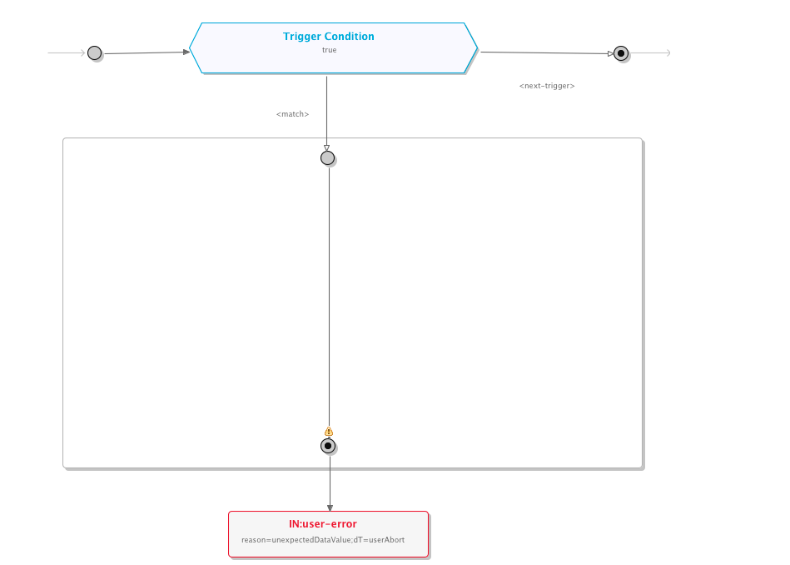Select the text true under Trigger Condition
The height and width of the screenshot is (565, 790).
click(x=330, y=50)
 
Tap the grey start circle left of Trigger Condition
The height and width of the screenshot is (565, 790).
click(x=95, y=53)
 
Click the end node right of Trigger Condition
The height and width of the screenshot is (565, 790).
click(x=621, y=54)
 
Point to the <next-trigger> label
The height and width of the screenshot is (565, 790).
click(x=547, y=86)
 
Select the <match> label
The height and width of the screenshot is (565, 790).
click(x=293, y=114)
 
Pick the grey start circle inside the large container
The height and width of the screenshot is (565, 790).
click(x=328, y=157)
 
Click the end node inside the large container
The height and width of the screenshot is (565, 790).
click(x=329, y=446)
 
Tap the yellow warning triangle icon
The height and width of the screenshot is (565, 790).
click(x=329, y=432)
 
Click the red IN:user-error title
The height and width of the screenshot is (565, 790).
click(x=323, y=524)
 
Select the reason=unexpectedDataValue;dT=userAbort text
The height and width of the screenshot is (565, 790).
click(x=323, y=540)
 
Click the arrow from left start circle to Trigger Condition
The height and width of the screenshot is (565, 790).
click(x=146, y=52)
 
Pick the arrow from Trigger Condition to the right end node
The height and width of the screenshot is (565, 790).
click(x=545, y=53)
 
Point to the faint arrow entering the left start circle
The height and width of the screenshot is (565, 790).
click(x=67, y=53)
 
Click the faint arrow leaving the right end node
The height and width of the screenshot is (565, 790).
click(x=651, y=53)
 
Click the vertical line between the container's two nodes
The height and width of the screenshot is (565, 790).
click(x=329, y=292)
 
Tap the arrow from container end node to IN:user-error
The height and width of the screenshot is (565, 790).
click(x=330, y=483)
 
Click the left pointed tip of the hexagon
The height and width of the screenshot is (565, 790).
click(x=191, y=48)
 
